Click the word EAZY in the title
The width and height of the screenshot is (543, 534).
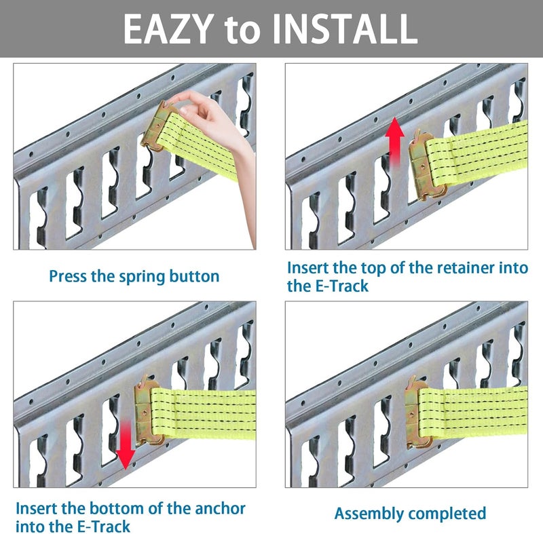[x=168, y=29]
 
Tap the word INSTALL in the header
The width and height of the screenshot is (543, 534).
[x=345, y=29]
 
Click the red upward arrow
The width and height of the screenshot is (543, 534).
[x=395, y=142]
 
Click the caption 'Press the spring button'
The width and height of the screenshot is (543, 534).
[x=134, y=277]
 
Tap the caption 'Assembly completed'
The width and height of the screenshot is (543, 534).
[x=410, y=514]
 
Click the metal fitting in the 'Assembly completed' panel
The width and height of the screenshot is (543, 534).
[x=419, y=413]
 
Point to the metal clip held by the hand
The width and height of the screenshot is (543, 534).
[x=159, y=126]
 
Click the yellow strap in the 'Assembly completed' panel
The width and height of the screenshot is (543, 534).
[x=472, y=412]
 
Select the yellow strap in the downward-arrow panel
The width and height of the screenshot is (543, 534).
[x=204, y=414]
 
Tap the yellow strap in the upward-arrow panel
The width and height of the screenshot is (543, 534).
[x=477, y=152]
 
